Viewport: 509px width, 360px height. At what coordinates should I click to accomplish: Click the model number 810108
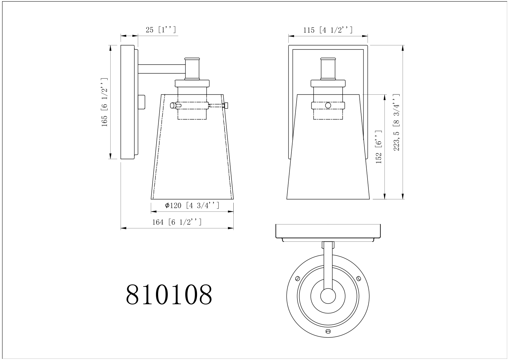coord(169,294)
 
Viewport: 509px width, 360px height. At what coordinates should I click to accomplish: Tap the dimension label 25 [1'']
coord(161,30)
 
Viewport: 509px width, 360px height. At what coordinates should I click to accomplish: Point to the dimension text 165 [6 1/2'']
coord(104,102)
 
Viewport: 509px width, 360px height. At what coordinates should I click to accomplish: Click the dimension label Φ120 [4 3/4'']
coord(192,205)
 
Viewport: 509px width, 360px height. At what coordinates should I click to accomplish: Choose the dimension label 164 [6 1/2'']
coord(177,222)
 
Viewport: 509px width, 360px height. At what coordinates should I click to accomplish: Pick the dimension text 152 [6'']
coord(378,147)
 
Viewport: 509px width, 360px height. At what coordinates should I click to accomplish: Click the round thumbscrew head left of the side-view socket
coord(173,105)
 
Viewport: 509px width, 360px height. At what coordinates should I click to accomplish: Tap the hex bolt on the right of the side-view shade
coord(226,105)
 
